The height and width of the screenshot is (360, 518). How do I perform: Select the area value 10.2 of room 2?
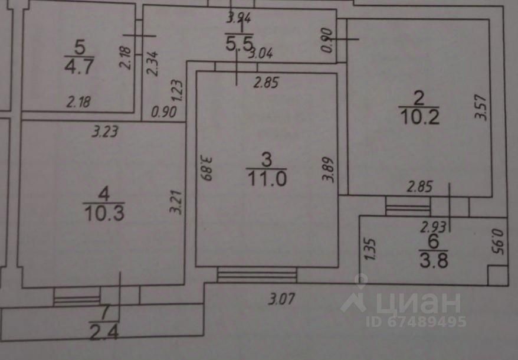(x=419, y=115)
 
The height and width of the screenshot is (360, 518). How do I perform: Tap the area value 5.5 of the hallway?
(x=239, y=43)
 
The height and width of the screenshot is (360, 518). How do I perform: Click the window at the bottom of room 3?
(x=257, y=275)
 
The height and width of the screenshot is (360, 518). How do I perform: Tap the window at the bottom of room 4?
(x=77, y=295)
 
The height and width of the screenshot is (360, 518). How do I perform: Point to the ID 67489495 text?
(x=416, y=322)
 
